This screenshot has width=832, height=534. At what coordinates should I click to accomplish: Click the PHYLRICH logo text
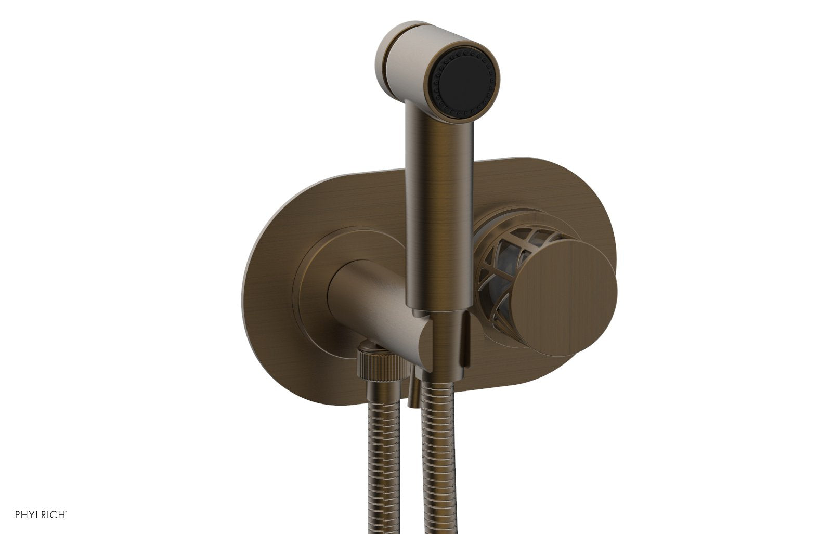(39, 515)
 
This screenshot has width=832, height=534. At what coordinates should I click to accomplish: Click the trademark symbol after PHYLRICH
(65, 512)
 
